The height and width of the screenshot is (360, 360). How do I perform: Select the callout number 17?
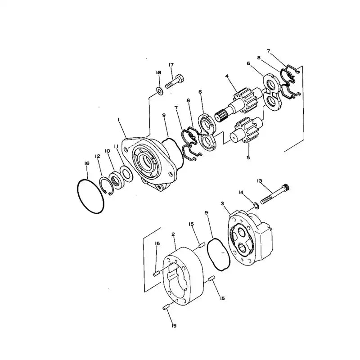[x=171, y=65]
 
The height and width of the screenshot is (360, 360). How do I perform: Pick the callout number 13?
[x=260, y=181]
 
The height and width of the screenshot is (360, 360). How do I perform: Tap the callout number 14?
[x=241, y=193]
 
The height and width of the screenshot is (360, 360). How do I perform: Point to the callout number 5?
[x=248, y=157]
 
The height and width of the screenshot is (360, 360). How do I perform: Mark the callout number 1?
[x=118, y=120]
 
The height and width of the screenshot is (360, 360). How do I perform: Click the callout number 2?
[x=173, y=234]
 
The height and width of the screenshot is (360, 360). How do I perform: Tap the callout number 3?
[x=222, y=204]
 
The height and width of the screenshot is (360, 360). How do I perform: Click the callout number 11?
[x=116, y=146]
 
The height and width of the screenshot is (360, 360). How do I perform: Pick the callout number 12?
[x=97, y=156]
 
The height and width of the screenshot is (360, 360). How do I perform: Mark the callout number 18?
[x=158, y=72]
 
